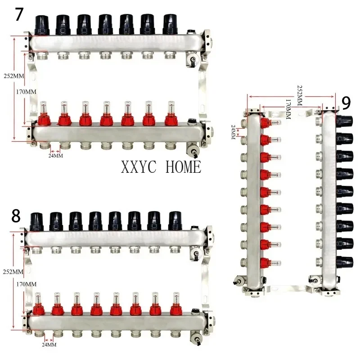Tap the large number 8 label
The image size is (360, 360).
[16, 216]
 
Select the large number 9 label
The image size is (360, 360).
[346, 103]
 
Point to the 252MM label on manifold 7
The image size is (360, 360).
[12, 76]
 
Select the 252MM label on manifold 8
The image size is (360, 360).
[12, 272]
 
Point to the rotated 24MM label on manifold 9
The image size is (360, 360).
[233, 132]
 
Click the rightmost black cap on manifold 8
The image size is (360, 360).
[175, 220]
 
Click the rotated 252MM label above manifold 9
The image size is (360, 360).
[300, 93]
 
